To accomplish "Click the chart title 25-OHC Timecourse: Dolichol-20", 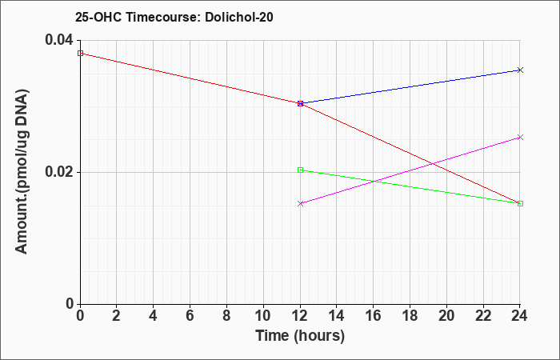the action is (174, 17).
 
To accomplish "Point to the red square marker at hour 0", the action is (80, 54).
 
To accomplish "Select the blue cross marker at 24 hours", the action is (520, 70).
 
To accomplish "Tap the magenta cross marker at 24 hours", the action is (520, 137).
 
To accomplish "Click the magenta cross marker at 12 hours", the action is (300, 203).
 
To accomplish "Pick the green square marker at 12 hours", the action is (300, 170).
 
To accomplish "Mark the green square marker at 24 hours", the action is (520, 203).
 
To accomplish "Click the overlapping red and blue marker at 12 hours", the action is (300, 103).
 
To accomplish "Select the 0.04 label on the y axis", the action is (58, 40).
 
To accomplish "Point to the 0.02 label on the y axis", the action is (58, 172).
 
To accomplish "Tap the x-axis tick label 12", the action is (300, 316).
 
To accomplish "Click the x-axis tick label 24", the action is (520, 316).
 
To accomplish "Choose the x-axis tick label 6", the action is (190, 316).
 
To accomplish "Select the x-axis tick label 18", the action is (410, 316).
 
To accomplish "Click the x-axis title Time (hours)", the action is (300, 337).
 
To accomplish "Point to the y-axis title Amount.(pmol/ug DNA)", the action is (22, 171).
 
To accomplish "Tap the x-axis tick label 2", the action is (117, 316).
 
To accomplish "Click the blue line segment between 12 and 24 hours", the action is (410, 86).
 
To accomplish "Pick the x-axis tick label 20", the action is (446, 316).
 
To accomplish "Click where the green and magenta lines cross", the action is (374, 182).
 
